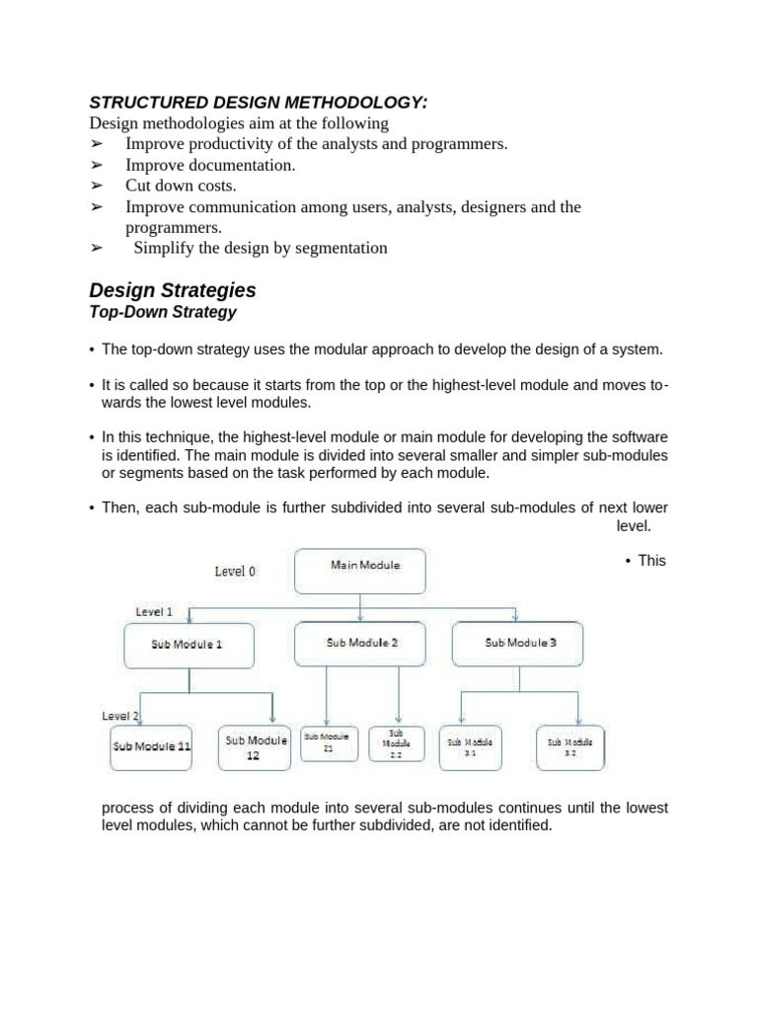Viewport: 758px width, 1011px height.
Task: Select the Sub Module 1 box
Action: click(x=188, y=645)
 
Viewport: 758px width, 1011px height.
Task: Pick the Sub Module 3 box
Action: click(x=518, y=644)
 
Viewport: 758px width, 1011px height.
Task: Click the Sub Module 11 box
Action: click(x=151, y=747)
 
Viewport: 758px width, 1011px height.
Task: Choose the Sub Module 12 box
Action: click(x=256, y=747)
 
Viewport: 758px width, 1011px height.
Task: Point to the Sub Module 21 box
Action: click(x=327, y=743)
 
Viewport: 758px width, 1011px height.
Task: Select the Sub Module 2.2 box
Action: click(x=397, y=743)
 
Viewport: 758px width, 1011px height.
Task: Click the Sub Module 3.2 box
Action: click(x=569, y=747)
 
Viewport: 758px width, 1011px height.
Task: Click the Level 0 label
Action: click(x=236, y=571)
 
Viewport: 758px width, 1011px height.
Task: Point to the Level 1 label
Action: click(x=154, y=611)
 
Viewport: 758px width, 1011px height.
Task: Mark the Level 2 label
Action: click(x=121, y=716)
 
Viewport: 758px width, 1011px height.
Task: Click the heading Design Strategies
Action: click(x=173, y=290)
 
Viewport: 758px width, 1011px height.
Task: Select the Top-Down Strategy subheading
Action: click(x=163, y=312)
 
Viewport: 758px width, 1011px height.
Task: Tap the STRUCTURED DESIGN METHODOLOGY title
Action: click(x=259, y=102)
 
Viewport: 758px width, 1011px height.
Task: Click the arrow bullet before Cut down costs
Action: click(x=97, y=186)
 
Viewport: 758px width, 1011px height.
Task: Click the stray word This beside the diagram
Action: click(x=651, y=560)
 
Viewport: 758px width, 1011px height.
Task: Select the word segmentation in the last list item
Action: click(x=337, y=248)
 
